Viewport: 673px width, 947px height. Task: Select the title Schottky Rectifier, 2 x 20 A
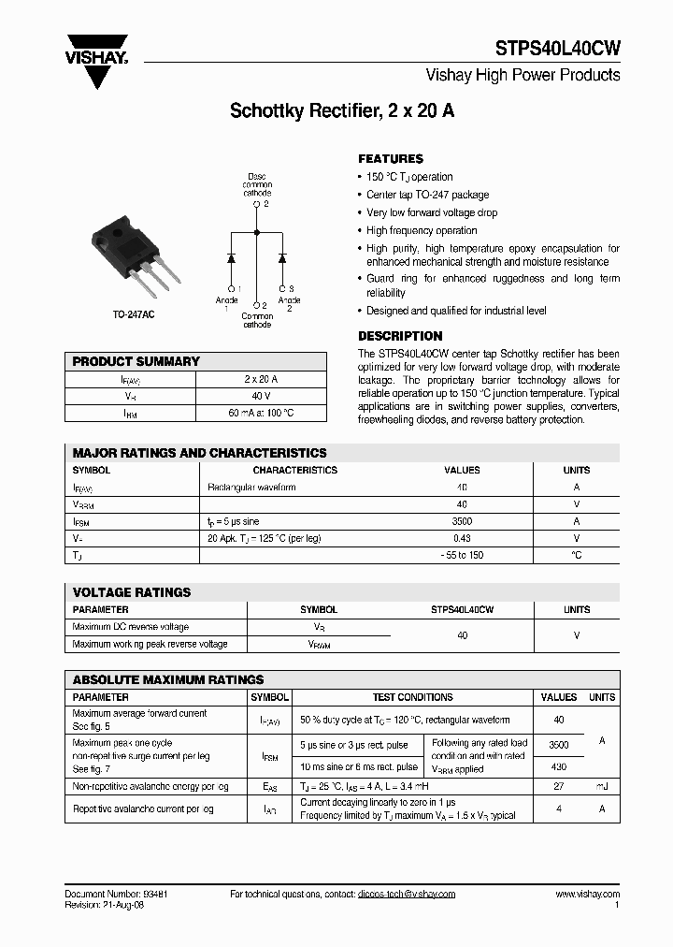[342, 111]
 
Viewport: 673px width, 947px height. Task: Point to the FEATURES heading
[391, 159]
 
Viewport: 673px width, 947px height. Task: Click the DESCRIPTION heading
[400, 336]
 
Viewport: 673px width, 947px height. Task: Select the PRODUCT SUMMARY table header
[136, 361]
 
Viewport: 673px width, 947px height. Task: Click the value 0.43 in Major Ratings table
[462, 538]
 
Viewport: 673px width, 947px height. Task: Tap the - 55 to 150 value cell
[462, 555]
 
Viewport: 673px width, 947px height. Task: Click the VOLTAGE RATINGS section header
[132, 592]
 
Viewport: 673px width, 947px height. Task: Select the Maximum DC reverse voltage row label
[131, 627]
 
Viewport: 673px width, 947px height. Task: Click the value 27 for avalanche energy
[559, 787]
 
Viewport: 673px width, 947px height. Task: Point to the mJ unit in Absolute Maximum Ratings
[602, 787]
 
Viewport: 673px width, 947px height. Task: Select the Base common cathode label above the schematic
[257, 184]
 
